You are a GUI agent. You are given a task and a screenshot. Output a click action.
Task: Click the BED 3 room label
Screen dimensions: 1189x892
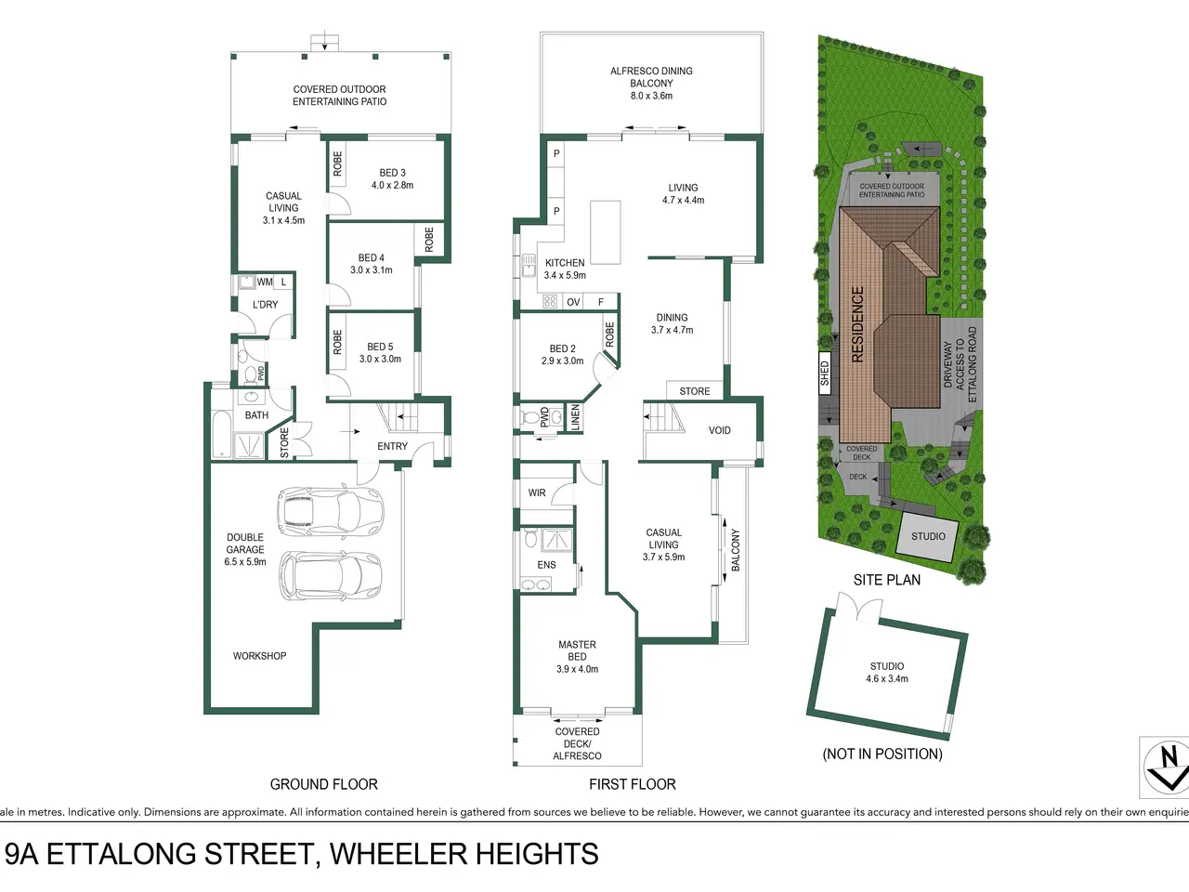click(x=392, y=173)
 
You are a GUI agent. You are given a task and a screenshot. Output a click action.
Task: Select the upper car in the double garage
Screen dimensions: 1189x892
click(x=331, y=511)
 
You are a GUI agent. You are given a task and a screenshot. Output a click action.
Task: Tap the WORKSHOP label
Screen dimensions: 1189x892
click(x=259, y=656)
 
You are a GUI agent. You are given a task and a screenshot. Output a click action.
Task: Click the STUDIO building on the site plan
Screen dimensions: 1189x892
click(x=927, y=536)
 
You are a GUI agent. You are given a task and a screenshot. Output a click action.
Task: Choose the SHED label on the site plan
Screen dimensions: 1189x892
click(x=825, y=374)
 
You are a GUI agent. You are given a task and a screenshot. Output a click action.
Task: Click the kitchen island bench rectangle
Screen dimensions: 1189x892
click(x=606, y=232)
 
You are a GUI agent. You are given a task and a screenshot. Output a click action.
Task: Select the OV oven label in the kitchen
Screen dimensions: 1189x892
click(x=573, y=302)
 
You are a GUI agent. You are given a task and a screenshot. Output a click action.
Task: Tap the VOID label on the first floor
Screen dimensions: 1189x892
click(x=719, y=430)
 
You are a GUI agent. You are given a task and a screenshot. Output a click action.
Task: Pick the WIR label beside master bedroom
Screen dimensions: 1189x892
click(x=537, y=492)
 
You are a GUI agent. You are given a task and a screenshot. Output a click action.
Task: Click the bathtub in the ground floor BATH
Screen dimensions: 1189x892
click(x=221, y=435)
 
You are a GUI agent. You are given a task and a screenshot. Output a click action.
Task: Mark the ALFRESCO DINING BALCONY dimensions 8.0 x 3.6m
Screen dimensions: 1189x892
click(x=651, y=96)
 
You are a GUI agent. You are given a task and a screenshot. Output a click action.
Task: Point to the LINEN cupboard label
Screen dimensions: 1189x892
click(x=575, y=417)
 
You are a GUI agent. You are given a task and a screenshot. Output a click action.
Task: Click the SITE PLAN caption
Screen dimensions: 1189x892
click(x=887, y=580)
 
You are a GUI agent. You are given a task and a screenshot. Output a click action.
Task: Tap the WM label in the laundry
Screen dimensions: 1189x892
click(x=265, y=282)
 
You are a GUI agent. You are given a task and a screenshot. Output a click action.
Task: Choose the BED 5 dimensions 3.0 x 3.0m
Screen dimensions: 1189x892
click(x=380, y=359)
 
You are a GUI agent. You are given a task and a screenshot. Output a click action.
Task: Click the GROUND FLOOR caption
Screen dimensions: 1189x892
click(x=323, y=784)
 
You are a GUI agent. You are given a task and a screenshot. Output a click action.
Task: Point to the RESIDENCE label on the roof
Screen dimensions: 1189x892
click(x=857, y=324)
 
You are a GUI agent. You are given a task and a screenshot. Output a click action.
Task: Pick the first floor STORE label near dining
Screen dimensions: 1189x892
click(x=695, y=391)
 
